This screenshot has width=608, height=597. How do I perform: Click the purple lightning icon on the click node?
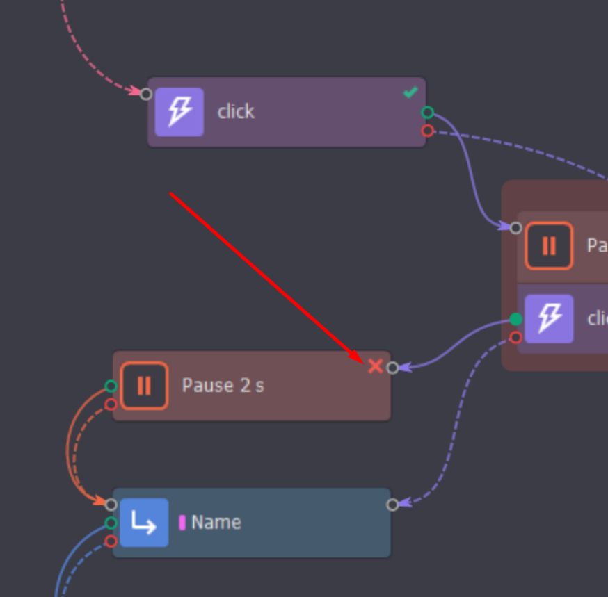tap(179, 111)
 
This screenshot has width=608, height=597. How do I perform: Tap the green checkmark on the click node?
tap(410, 92)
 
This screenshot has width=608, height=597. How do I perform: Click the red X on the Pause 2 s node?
tap(375, 366)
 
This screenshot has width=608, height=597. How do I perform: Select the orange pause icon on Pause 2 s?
tap(144, 385)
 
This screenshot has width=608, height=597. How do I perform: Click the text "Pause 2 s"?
tap(223, 385)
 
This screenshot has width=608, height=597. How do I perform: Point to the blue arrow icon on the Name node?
tap(144, 523)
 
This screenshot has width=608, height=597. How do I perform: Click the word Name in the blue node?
tap(216, 523)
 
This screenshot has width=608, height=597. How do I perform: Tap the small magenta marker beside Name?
tap(182, 523)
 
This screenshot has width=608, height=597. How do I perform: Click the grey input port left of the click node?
tap(146, 94)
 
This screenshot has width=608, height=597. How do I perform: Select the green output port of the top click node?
tap(428, 113)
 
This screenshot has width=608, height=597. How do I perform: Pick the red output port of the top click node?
tap(428, 131)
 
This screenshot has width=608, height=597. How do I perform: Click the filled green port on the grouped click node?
tap(515, 319)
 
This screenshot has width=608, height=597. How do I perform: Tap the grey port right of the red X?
tap(392, 368)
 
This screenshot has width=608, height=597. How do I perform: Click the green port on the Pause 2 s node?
tap(111, 386)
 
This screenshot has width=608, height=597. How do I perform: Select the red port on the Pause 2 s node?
tap(111, 404)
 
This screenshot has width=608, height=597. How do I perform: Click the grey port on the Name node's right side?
tap(392, 505)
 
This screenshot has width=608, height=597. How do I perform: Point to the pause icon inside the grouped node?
tap(549, 245)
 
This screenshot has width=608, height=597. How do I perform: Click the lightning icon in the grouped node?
tap(549, 318)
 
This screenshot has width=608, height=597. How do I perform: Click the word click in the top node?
tap(236, 111)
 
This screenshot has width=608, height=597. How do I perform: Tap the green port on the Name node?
tap(111, 523)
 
